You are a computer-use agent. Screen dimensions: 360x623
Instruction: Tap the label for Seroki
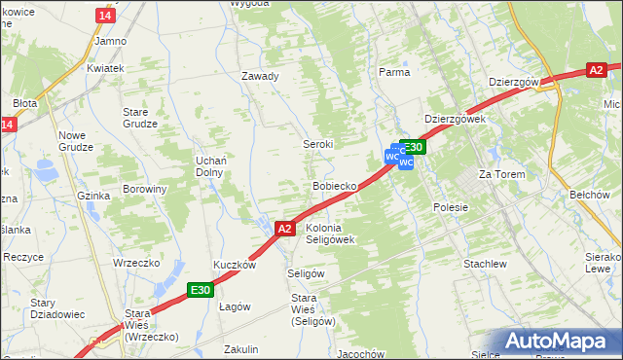click(x=317, y=143)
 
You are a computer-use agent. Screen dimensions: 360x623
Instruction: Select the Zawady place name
click(x=261, y=76)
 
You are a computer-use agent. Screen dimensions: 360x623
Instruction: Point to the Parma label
click(x=393, y=71)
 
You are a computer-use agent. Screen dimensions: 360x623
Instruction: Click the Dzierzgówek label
click(x=455, y=119)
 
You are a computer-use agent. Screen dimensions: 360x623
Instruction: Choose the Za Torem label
click(x=501, y=174)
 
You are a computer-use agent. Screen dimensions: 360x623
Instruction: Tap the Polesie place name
click(x=451, y=207)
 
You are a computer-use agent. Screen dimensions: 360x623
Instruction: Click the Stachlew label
click(x=485, y=264)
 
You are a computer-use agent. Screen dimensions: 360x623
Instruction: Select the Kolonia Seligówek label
click(x=329, y=233)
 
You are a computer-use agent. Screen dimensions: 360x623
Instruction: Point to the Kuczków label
click(x=235, y=265)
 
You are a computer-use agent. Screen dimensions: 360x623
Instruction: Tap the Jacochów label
click(x=357, y=353)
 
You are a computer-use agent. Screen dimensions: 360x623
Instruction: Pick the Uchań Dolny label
click(x=210, y=165)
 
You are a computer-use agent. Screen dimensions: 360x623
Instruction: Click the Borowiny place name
click(x=145, y=189)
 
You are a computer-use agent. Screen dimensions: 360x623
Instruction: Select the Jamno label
click(x=111, y=41)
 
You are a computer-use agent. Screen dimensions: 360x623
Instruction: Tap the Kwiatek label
click(x=104, y=69)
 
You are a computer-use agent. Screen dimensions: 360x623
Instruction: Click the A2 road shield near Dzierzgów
click(x=597, y=70)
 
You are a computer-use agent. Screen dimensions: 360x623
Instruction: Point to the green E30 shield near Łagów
click(x=202, y=289)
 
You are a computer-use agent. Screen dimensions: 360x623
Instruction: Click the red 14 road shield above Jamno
click(x=106, y=16)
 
